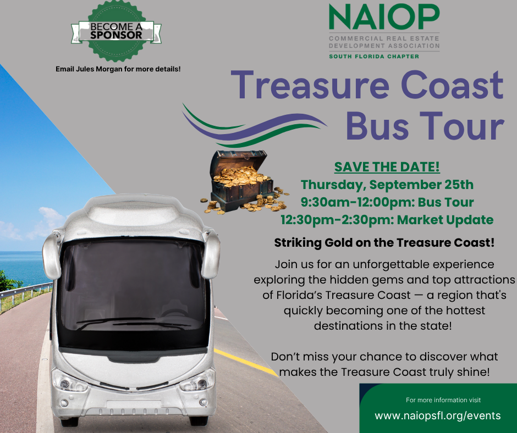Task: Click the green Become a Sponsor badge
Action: click(117, 31)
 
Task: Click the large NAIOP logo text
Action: click(384, 17)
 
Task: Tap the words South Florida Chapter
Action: click(374, 57)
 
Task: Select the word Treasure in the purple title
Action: click(310, 85)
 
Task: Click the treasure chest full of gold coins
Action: click(244, 182)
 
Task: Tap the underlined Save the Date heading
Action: click(387, 166)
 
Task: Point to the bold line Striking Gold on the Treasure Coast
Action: click(384, 243)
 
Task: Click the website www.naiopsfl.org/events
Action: click(438, 416)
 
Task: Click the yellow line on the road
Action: click(246, 362)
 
